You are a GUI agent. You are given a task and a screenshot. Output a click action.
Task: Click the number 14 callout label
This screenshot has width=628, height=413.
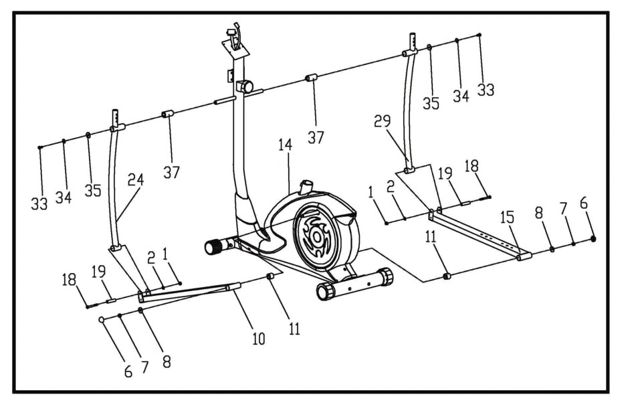point(286,145)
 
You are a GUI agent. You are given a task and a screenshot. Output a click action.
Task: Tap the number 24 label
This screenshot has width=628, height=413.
point(135,179)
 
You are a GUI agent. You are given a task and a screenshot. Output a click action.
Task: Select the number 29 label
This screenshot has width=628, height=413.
point(382,120)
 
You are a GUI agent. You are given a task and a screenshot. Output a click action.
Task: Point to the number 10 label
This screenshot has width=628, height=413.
point(259,339)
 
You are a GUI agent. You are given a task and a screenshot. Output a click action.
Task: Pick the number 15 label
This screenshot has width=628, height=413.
point(507,218)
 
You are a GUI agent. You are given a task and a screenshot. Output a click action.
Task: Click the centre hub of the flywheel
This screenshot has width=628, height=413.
point(317,237)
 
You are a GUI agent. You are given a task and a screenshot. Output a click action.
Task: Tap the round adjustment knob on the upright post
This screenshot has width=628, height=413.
point(245,86)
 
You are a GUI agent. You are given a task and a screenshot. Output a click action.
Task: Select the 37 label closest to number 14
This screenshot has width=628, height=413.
point(316,137)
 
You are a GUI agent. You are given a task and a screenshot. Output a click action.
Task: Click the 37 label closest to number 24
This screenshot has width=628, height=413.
point(171,173)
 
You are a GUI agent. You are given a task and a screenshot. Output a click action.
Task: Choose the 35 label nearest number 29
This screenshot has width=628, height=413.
point(431,104)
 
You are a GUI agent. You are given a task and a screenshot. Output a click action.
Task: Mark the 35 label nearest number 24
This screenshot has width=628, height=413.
point(93,190)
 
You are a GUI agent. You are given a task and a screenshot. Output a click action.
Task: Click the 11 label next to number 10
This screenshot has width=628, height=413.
point(294,329)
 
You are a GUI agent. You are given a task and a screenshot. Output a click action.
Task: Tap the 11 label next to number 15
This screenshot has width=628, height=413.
point(431,236)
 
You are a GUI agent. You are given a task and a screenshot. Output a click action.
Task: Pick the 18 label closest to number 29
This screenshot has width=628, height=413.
point(472,166)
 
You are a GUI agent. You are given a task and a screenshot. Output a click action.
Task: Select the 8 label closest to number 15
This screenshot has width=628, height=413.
point(538,213)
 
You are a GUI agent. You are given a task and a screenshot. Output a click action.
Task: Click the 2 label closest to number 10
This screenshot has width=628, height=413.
point(151,258)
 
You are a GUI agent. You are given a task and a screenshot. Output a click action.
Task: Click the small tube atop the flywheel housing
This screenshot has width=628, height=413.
point(306,187)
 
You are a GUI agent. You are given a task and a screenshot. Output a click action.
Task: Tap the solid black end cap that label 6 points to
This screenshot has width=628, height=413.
point(593,239)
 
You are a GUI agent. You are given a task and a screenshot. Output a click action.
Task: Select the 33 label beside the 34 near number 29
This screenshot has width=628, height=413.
point(486,90)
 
